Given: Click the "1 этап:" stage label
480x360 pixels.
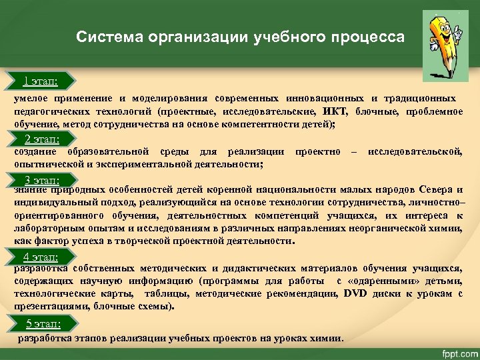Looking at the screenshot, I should (39, 81).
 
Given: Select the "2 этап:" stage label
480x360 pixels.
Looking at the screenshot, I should (41, 139).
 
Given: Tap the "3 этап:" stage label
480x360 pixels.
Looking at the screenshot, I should (41, 179).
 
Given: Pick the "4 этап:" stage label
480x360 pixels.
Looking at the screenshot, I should (40, 257).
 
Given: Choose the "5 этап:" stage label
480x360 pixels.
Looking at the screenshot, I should (43, 323).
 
